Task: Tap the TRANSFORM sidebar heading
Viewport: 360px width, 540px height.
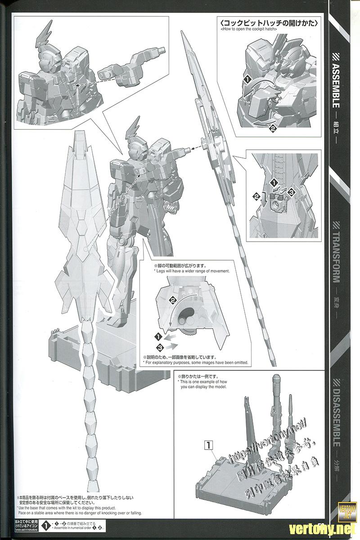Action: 339,252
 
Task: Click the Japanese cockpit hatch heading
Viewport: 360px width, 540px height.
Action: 269,22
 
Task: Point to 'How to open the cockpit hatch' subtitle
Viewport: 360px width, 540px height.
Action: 249,29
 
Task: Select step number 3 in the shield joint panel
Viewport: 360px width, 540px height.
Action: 291,192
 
